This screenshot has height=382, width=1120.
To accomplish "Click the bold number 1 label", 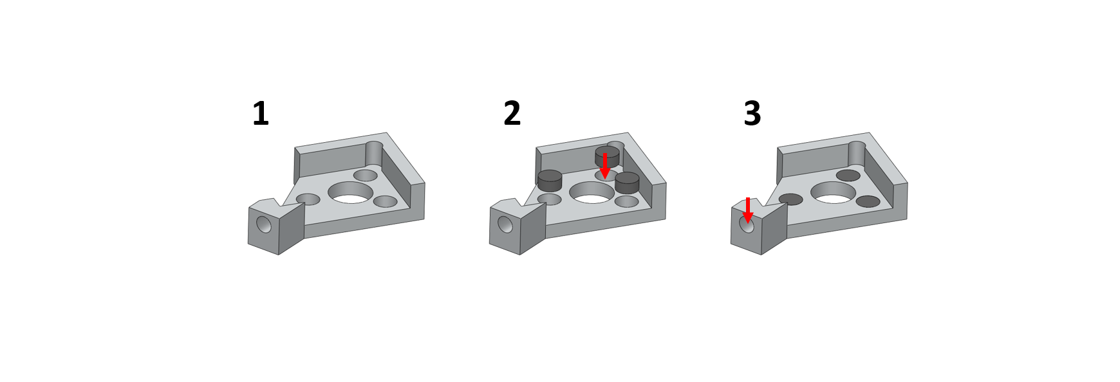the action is [261, 114].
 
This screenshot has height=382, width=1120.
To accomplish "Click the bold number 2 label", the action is [512, 114].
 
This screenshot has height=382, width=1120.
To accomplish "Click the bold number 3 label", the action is [752, 114].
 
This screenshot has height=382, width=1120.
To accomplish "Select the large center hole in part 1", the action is [351, 192].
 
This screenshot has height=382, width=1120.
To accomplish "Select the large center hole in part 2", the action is [592, 192].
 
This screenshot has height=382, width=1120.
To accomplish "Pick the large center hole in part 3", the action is [834, 192].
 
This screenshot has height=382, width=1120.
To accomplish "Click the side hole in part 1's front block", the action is [264, 224].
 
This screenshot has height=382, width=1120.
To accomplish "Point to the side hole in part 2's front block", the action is [505, 224].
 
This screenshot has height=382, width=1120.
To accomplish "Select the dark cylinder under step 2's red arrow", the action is [607, 156].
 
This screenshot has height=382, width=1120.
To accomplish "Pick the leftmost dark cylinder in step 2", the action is [550, 181].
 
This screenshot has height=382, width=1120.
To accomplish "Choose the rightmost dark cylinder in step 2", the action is [627, 183].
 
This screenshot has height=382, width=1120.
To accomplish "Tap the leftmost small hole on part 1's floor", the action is [308, 199].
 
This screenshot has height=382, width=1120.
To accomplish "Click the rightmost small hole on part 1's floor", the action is [386, 201].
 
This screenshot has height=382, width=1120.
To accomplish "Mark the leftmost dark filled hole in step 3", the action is [791, 199].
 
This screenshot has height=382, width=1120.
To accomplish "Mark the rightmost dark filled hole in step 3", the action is [868, 201].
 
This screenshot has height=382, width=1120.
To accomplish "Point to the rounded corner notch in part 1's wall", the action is [374, 154].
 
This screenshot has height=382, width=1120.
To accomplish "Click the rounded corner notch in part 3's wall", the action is [857, 154].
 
